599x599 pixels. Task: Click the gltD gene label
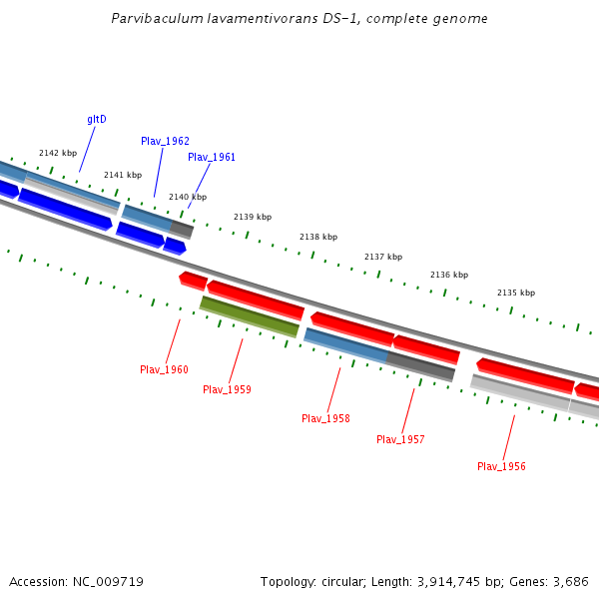tap(97, 120)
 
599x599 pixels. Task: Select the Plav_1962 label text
tap(165, 142)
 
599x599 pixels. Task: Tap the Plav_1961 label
tap(212, 158)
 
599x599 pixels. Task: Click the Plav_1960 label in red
tap(164, 370)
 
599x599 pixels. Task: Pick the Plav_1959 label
tap(227, 389)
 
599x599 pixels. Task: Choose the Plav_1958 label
tap(325, 419)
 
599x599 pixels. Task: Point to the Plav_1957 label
tap(400, 440)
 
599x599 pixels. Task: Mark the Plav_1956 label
tap(501, 467)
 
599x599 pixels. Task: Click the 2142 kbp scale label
tap(58, 154)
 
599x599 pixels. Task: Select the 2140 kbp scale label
tap(188, 198)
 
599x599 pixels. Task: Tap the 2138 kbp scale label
tap(318, 238)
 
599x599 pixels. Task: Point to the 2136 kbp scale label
tap(449, 276)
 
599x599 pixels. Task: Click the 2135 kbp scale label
tap(516, 294)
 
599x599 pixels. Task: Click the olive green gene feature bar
tap(250, 316)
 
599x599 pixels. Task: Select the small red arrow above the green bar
tap(193, 279)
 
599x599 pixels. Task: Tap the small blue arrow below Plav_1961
tap(175, 246)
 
